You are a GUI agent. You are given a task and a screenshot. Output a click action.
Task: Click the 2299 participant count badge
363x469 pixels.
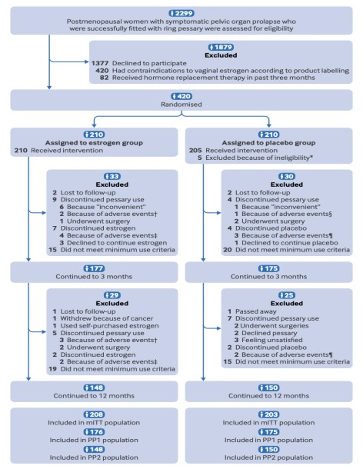(x=181, y=13)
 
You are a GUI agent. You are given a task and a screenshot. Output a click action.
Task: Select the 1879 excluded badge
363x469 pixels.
(x=221, y=47)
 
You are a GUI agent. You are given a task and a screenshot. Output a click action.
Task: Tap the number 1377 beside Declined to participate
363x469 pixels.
(x=100, y=63)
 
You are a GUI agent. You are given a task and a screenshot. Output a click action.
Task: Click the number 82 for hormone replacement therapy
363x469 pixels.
(x=104, y=78)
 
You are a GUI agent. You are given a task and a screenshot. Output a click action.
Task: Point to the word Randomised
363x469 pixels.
(x=181, y=105)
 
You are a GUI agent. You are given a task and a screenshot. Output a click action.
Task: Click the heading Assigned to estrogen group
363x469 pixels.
(x=94, y=143)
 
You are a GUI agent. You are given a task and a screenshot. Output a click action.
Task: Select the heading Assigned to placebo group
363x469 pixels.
(x=268, y=143)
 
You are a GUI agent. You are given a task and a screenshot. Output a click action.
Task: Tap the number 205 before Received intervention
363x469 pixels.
(x=195, y=150)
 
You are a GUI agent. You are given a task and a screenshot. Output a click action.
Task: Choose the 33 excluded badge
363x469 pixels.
(x=112, y=176)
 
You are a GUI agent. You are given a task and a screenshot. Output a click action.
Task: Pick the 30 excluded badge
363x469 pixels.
(x=287, y=176)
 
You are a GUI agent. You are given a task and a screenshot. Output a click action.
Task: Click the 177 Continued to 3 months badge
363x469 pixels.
(x=94, y=268)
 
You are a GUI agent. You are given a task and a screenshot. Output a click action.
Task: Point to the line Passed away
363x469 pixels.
(x=252, y=311)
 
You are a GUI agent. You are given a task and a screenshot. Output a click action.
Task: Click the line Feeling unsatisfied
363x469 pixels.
(x=268, y=340)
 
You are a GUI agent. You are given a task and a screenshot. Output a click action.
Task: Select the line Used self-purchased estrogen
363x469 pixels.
(x=106, y=326)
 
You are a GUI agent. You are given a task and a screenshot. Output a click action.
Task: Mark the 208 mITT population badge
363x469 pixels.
(x=94, y=414)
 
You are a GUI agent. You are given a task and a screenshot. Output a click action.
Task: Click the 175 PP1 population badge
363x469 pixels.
(x=268, y=431)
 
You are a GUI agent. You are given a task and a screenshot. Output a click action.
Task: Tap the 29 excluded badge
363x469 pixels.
(x=112, y=295)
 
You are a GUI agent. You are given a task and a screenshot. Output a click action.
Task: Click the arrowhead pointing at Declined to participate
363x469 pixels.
(x=87, y=62)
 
